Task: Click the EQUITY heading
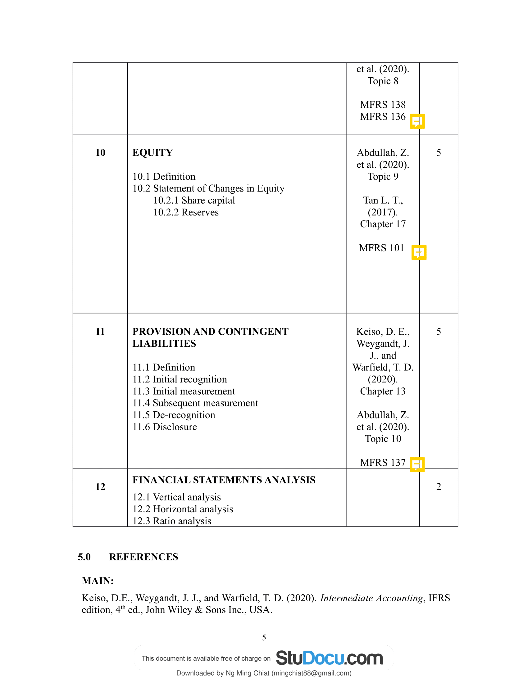(x=152, y=153)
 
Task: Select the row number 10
(x=100, y=153)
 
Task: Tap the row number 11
(x=100, y=332)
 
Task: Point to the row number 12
(x=100, y=486)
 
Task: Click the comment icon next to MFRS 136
(x=417, y=121)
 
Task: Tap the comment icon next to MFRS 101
(x=419, y=252)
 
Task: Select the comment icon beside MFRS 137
(x=417, y=464)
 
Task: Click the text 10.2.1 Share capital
(x=194, y=201)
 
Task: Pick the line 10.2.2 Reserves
(x=186, y=212)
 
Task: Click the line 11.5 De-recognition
(x=174, y=415)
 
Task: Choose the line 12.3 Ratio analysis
(x=172, y=521)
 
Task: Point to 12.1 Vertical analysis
(x=176, y=497)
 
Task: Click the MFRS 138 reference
(x=383, y=104)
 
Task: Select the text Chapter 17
(x=383, y=224)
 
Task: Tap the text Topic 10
(x=383, y=439)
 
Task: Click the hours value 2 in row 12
(x=439, y=486)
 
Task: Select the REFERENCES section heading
(x=143, y=557)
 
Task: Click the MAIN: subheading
(x=98, y=581)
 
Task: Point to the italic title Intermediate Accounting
(x=371, y=598)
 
